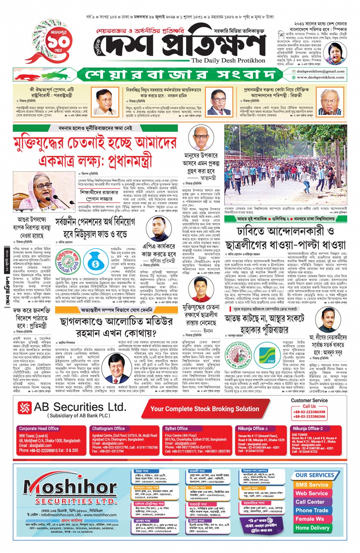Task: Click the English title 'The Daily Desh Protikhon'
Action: click(228, 61)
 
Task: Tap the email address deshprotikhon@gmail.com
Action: click(320, 71)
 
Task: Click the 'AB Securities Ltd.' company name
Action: click(80, 408)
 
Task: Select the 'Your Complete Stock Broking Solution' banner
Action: click(205, 409)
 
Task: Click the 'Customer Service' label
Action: click(309, 400)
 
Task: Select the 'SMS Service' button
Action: click(312, 485)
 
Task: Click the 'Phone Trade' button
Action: click(312, 510)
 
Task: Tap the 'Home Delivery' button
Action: click(312, 527)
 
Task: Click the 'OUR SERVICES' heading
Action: click(315, 475)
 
